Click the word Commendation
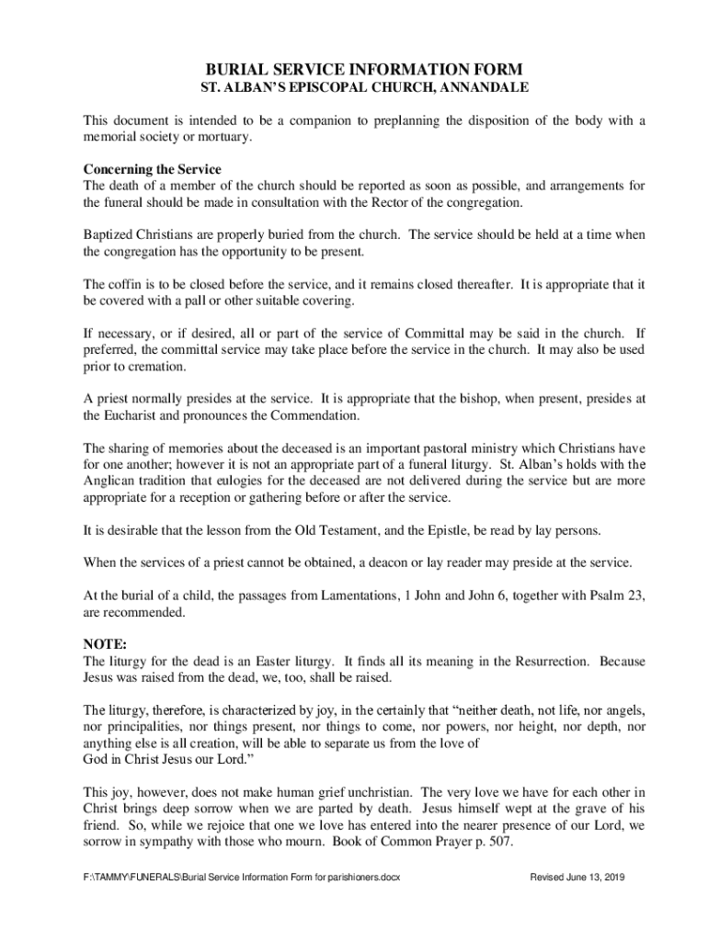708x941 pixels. click(x=314, y=415)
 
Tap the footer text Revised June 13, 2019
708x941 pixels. click(x=577, y=877)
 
